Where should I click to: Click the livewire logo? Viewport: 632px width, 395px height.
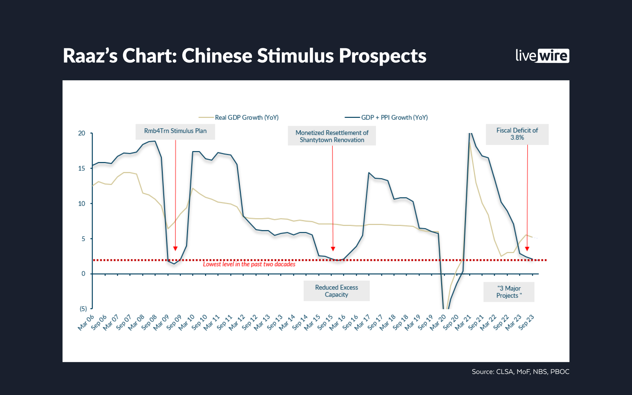pyautogui.click(x=542, y=56)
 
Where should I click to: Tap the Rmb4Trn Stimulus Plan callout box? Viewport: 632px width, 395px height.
pyautogui.click(x=175, y=131)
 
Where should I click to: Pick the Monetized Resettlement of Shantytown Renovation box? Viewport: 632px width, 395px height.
pyautogui.click(x=332, y=136)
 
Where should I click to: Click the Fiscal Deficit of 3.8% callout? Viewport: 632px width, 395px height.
pyautogui.click(x=517, y=134)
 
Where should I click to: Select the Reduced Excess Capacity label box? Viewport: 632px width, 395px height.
pyautogui.click(x=336, y=291)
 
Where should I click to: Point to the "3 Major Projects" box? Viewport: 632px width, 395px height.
pyautogui.click(x=509, y=292)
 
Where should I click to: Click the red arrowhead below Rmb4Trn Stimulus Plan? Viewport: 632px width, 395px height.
pyautogui.click(x=175, y=249)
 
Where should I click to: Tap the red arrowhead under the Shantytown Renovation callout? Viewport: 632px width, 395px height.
pyautogui.click(x=333, y=249)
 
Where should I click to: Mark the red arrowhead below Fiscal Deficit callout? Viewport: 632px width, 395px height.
pyautogui.click(x=527, y=249)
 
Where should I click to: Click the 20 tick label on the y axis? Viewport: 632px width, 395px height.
pyautogui.click(x=82, y=133)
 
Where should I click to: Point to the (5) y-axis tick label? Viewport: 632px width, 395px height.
pyautogui.click(x=83, y=309)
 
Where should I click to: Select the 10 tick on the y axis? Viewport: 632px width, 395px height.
pyautogui.click(x=82, y=204)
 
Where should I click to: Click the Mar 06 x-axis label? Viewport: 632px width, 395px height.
pyautogui.click(x=86, y=323)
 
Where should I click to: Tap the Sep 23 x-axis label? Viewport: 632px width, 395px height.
pyautogui.click(x=526, y=323)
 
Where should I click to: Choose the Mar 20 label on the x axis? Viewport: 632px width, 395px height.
pyautogui.click(x=438, y=323)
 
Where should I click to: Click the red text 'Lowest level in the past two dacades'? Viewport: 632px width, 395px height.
pyautogui.click(x=249, y=264)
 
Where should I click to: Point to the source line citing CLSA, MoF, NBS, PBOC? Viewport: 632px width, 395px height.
pyautogui.click(x=520, y=372)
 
